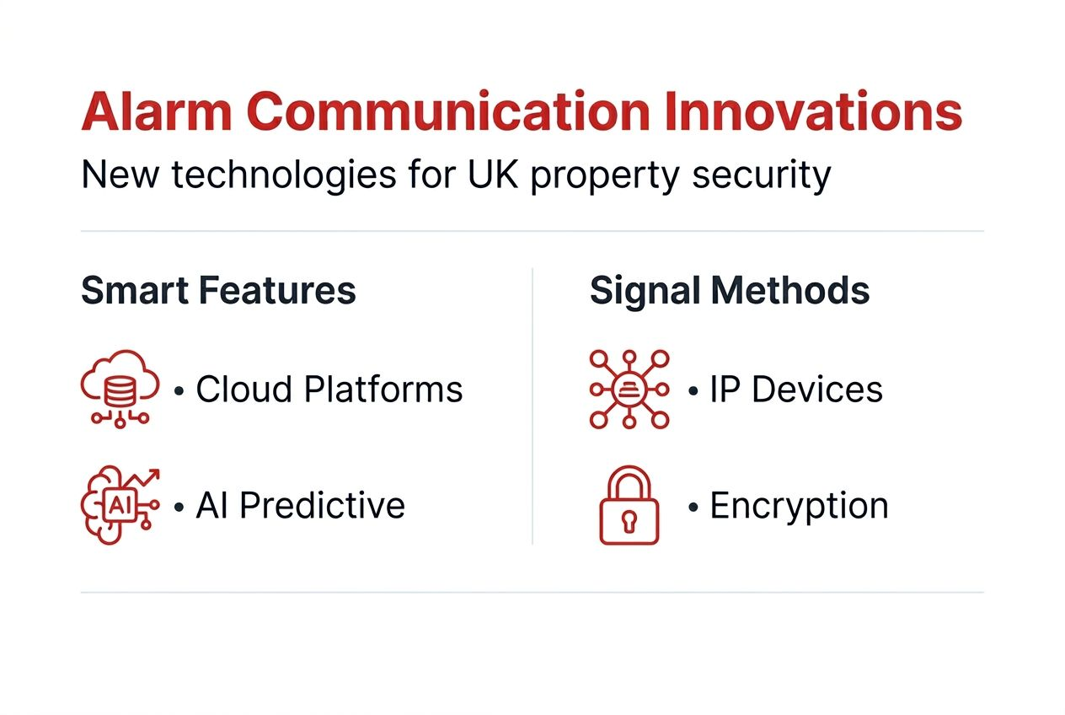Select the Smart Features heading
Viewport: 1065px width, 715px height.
point(218,291)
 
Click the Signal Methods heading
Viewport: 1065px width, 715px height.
point(729,291)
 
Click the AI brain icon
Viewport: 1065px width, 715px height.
point(119,505)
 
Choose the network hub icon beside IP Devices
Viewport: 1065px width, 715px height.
point(629,389)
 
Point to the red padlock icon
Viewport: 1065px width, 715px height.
point(629,505)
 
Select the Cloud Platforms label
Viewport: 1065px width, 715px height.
point(329,390)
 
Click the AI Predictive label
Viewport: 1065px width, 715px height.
point(301,506)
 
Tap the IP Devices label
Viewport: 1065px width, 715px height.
point(796,390)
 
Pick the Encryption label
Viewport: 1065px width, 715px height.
point(799,506)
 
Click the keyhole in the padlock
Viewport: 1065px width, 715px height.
point(629,520)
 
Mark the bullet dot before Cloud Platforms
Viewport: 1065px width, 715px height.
point(179,392)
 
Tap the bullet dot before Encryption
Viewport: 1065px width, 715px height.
point(693,508)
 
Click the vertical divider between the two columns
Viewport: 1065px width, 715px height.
point(532,405)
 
